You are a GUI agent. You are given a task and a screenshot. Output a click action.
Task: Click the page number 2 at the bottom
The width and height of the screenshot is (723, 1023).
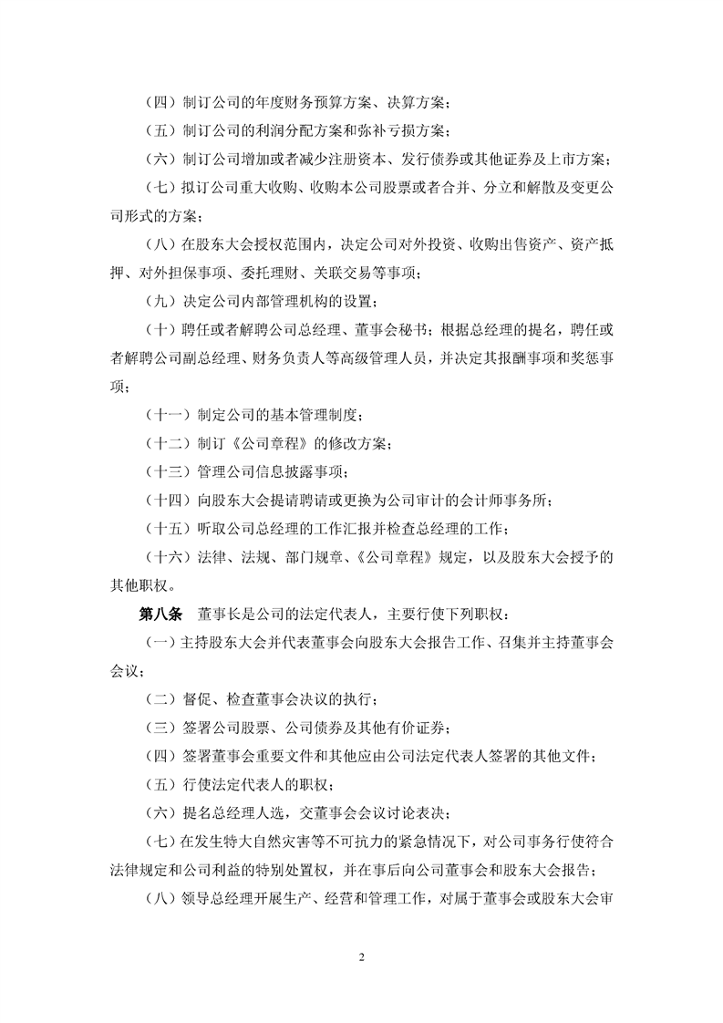tap(362, 957)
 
